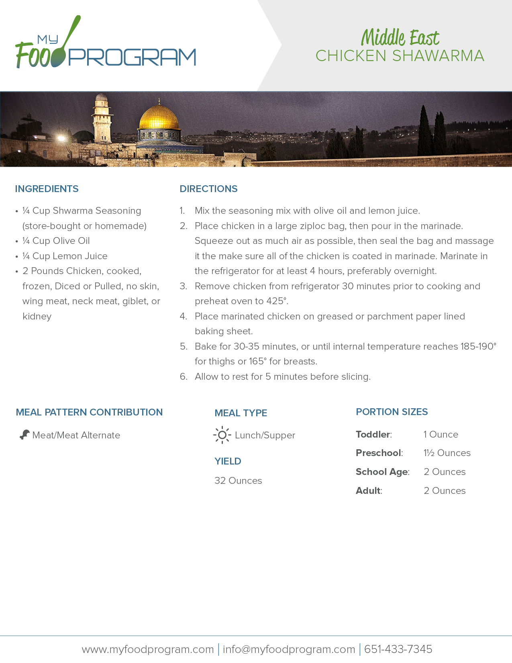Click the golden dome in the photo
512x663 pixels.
(x=159, y=117)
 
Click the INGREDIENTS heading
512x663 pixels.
(x=47, y=189)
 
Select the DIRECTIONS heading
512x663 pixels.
(x=208, y=189)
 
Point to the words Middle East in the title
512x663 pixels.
(x=400, y=38)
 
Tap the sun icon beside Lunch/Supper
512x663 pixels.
(x=222, y=435)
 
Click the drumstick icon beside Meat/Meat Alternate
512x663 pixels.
(x=24, y=435)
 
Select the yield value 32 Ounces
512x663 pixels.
(x=238, y=481)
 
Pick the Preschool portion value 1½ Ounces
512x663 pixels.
(x=447, y=453)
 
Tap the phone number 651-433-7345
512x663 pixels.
(x=398, y=649)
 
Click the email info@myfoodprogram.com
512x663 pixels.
(x=289, y=649)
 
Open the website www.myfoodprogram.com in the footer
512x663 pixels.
(x=148, y=649)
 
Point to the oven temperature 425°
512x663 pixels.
(x=277, y=301)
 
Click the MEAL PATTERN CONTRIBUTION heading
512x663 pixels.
(x=89, y=412)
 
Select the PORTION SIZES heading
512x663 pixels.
(x=392, y=412)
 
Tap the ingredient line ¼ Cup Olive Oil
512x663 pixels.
(x=56, y=241)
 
